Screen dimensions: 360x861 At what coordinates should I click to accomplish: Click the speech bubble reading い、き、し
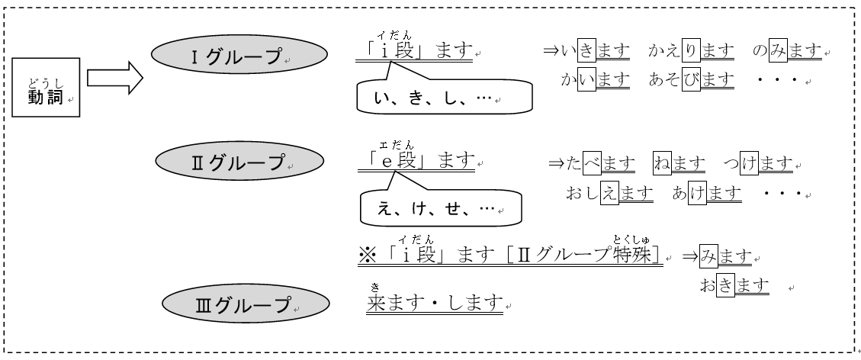pos(444,98)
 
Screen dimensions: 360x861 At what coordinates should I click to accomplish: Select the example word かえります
pos(692,51)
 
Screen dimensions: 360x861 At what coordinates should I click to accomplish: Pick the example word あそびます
pos(692,79)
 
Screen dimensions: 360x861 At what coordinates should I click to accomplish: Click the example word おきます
pos(733,286)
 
